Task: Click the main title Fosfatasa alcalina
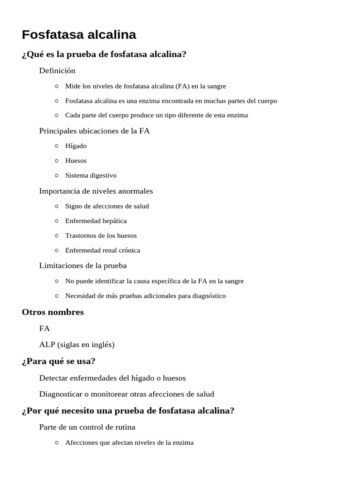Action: [79, 35]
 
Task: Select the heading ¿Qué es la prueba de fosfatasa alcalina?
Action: [104, 54]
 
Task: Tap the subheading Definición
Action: [57, 71]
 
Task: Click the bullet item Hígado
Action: [76, 146]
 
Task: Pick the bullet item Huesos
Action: [76, 160]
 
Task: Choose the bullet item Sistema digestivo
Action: [91, 175]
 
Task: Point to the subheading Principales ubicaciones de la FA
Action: [94, 131]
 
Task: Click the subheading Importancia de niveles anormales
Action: [96, 191]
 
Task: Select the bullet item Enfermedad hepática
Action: [96, 221]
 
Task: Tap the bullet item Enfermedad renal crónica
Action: [103, 250]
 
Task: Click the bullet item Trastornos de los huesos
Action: [101, 235]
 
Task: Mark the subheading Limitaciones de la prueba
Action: [83, 266]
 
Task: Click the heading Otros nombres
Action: [53, 312]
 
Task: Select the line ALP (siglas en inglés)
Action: [77, 345]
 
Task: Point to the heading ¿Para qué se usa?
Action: [59, 361]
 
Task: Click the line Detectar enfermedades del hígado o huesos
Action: [112, 378]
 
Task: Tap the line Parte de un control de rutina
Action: [87, 427]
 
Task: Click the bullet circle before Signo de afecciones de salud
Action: [56, 206]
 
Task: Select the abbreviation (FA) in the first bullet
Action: [182, 86]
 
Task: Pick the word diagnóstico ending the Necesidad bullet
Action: [207, 296]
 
